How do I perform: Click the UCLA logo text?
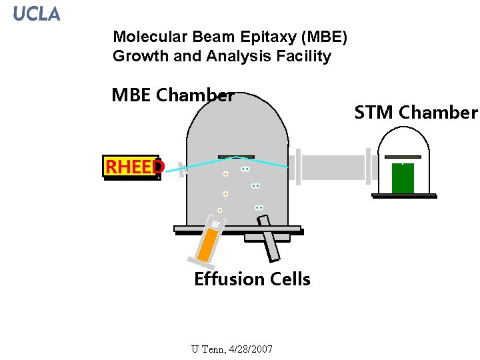coord(37,13)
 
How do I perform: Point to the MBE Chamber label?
coord(173,95)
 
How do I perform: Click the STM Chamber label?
coord(416,113)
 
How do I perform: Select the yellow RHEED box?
coord(131,167)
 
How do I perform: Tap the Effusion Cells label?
coord(252,279)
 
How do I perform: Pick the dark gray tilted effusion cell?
coord(270,245)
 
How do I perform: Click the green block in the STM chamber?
coord(403,178)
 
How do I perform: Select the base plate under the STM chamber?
coord(404,196)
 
